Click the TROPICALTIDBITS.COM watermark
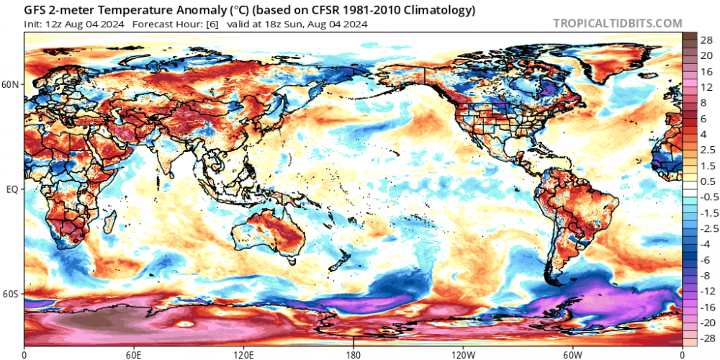(617, 23)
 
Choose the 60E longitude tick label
(134, 354)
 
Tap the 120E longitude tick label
(244, 354)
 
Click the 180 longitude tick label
(354, 354)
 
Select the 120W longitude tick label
(462, 354)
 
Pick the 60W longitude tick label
(572, 354)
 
